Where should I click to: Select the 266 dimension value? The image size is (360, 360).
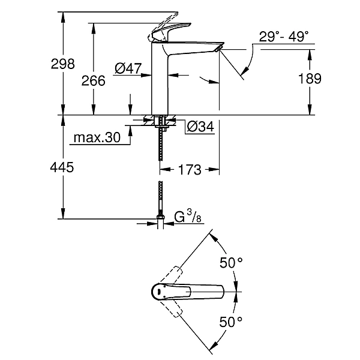pyautogui.click(x=94, y=80)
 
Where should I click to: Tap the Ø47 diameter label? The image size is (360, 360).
pyautogui.click(x=127, y=69)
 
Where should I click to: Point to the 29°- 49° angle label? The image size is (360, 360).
pyautogui.click(x=287, y=37)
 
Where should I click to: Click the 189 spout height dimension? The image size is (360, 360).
pyautogui.click(x=310, y=79)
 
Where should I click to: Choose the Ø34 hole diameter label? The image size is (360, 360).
pyautogui.click(x=200, y=127)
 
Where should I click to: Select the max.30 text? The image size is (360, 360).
pyautogui.click(x=97, y=138)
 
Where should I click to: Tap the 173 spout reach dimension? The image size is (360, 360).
pyautogui.click(x=190, y=170)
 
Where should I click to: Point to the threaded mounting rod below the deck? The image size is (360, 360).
pyautogui.click(x=160, y=144)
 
